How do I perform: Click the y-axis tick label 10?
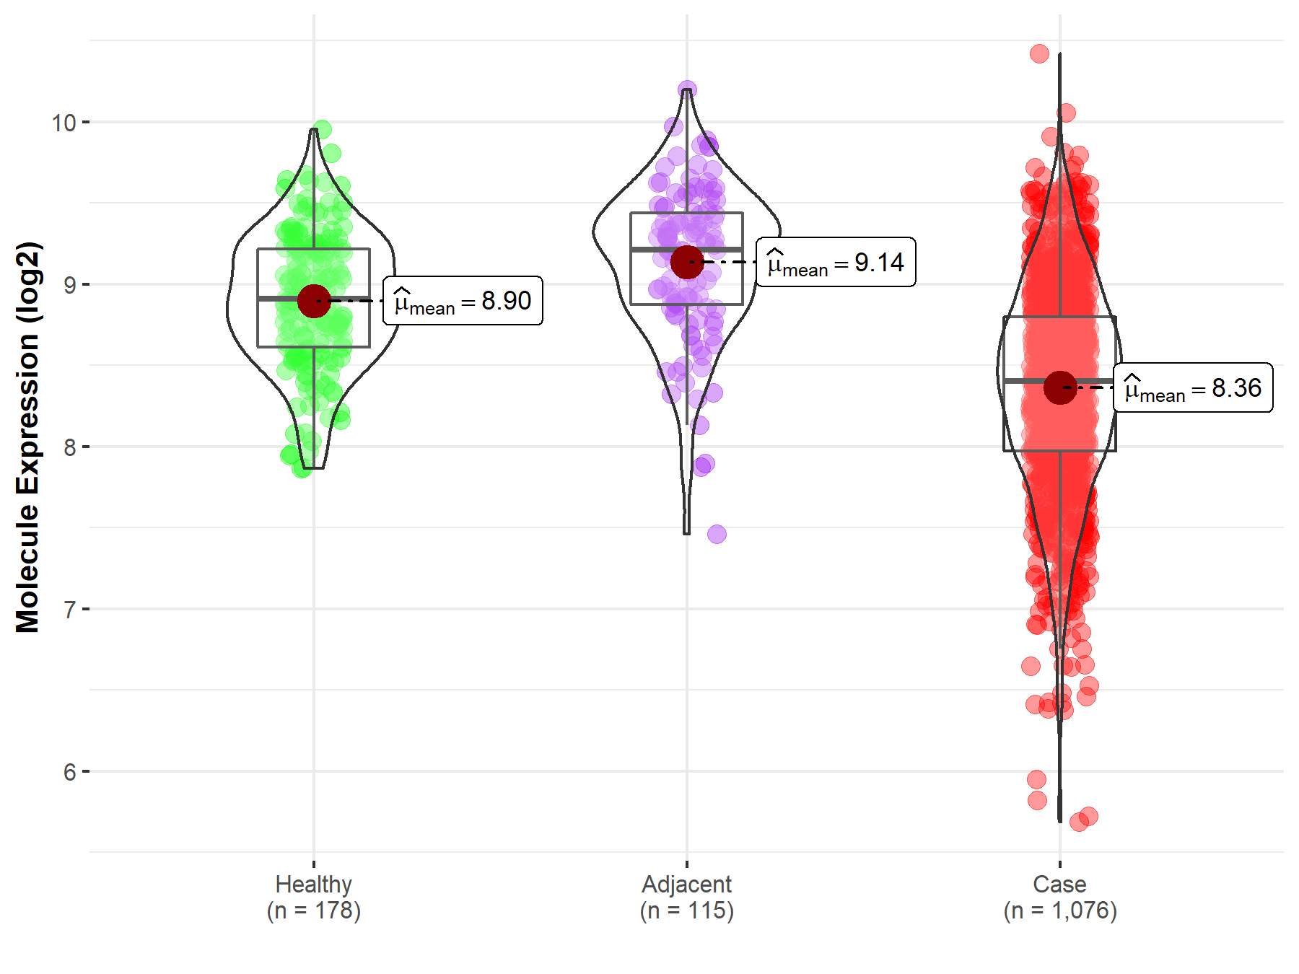click(x=64, y=123)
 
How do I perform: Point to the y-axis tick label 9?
click(x=69, y=285)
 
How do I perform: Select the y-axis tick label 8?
click(x=69, y=447)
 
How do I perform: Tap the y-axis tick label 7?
click(x=69, y=610)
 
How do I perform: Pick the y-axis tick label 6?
click(x=69, y=772)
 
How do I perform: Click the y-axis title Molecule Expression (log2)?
click(x=27, y=437)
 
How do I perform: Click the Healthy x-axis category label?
click(x=314, y=884)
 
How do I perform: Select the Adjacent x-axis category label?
click(x=687, y=884)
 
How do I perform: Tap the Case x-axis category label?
click(x=1059, y=884)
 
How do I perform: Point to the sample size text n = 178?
click(x=314, y=911)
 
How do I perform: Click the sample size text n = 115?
click(x=687, y=911)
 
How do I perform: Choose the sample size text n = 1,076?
click(x=1059, y=911)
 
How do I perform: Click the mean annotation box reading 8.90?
click(x=463, y=301)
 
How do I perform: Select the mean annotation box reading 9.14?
click(x=836, y=262)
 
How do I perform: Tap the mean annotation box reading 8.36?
click(x=1193, y=388)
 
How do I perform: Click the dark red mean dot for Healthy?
click(x=314, y=301)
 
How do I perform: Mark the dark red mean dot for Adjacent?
click(x=687, y=262)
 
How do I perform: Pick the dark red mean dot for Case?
click(x=1060, y=388)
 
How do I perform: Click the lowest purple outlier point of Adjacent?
click(x=717, y=534)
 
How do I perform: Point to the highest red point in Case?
click(x=1039, y=53)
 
